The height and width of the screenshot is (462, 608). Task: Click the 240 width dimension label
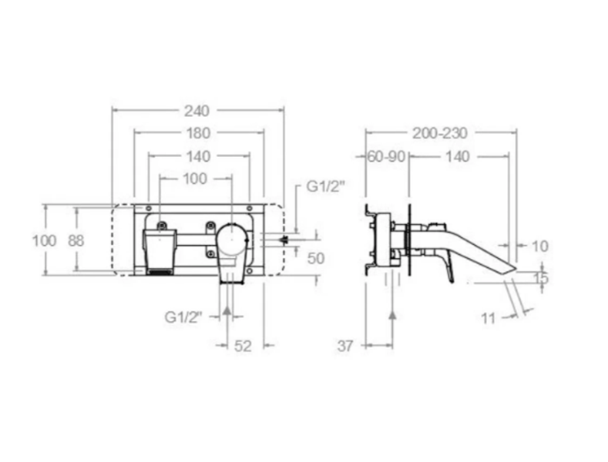[197, 111]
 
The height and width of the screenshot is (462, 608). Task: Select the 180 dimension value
[198, 133]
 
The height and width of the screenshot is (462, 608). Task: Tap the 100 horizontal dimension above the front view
[195, 179]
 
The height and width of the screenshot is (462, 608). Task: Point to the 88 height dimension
[76, 241]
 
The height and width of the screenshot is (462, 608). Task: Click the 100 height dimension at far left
[44, 241]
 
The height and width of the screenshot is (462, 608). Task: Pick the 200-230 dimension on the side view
[440, 133]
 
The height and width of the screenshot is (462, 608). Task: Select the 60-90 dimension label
[386, 157]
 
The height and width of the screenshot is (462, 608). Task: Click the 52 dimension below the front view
[243, 346]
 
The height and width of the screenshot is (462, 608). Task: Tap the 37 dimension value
[345, 346]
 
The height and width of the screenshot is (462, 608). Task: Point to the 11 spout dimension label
[489, 318]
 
